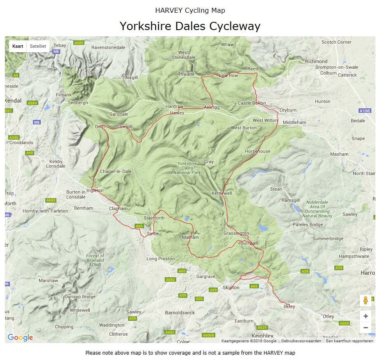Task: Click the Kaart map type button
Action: click(18, 46)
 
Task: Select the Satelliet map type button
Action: click(38, 46)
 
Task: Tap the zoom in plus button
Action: click(365, 316)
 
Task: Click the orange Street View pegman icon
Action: click(365, 300)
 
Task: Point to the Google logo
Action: click(20, 338)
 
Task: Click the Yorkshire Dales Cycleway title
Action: click(190, 26)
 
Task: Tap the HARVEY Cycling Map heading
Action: click(190, 10)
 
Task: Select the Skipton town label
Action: click(231, 288)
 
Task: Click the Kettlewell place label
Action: click(221, 193)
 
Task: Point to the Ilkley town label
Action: click(289, 306)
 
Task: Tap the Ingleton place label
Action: click(95, 191)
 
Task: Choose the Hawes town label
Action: click(177, 113)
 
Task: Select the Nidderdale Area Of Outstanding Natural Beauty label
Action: click(317, 209)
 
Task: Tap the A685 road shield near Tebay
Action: click(79, 42)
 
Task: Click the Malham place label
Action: click(190, 237)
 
